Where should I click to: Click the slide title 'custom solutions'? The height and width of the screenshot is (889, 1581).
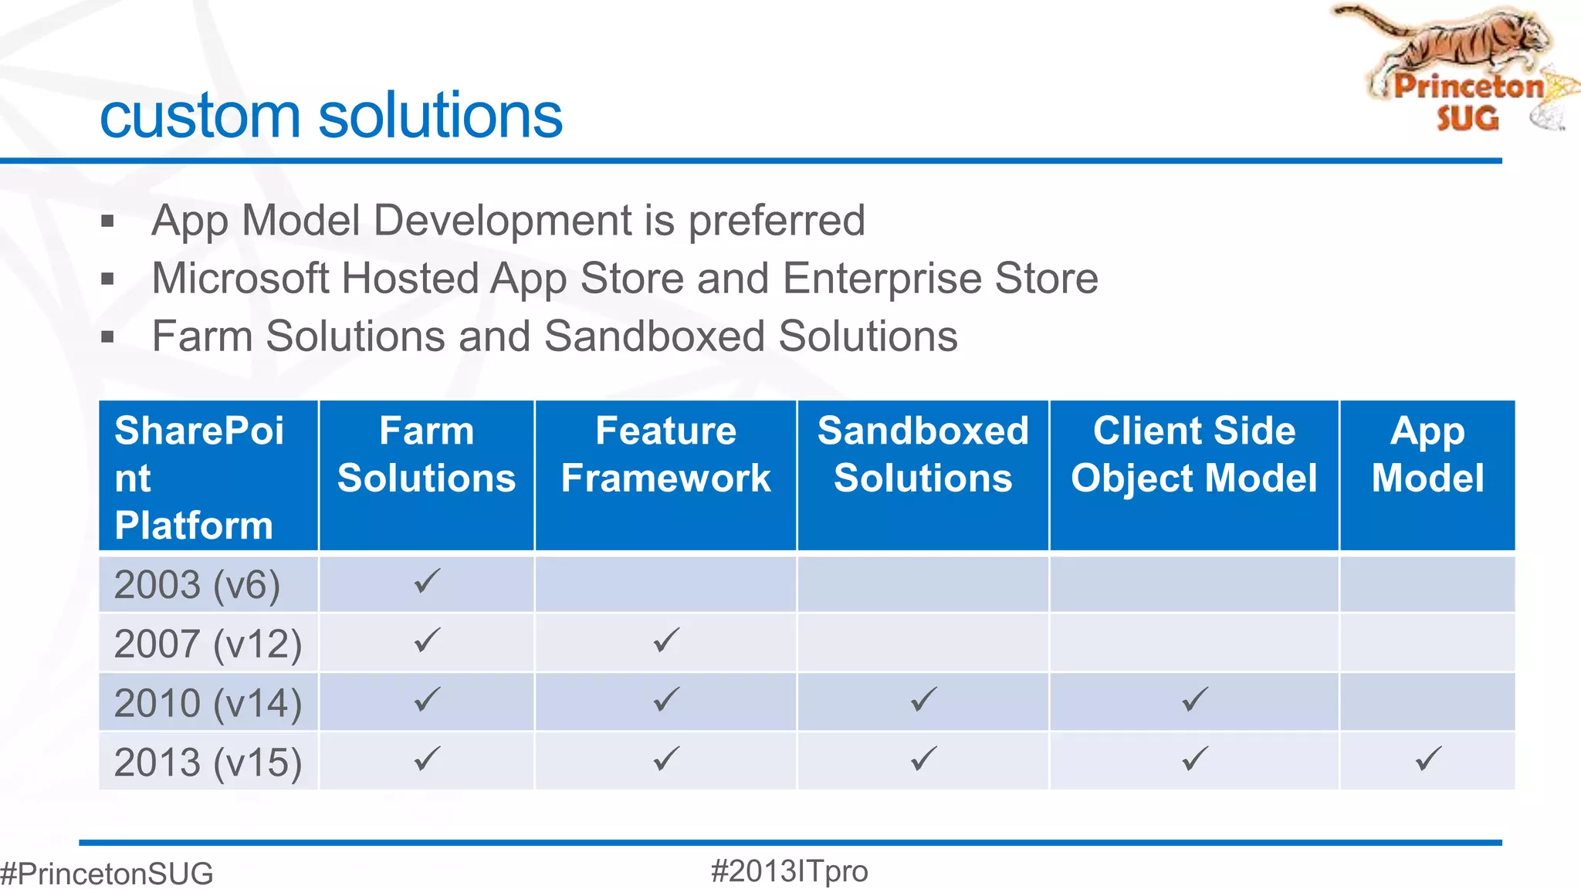click(x=331, y=116)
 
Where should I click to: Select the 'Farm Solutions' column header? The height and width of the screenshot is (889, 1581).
click(x=426, y=455)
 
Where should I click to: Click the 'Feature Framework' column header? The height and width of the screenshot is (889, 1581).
click(x=665, y=455)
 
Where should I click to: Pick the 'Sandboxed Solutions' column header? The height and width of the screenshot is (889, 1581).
click(x=923, y=455)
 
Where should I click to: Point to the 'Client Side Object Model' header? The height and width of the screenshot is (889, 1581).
click(x=1193, y=455)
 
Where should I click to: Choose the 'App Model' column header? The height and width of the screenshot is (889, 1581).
click(x=1427, y=455)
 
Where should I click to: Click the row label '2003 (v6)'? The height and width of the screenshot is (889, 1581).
click(x=197, y=585)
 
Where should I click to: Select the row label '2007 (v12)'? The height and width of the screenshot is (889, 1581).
click(x=208, y=644)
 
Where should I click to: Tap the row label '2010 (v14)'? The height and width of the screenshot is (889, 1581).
click(x=208, y=703)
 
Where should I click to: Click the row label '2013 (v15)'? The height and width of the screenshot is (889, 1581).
click(x=208, y=762)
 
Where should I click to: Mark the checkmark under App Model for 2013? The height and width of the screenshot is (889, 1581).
click(x=1428, y=759)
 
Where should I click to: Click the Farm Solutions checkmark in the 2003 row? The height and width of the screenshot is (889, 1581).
click(x=427, y=580)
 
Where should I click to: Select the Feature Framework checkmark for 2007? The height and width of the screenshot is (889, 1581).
click(x=666, y=640)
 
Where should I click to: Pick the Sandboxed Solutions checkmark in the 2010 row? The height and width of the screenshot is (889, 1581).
click(x=923, y=699)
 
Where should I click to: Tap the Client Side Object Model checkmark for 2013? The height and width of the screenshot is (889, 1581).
click(x=1194, y=759)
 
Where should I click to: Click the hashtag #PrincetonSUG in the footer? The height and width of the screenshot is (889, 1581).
click(x=107, y=874)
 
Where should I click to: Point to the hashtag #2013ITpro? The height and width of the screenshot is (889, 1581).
click(x=789, y=871)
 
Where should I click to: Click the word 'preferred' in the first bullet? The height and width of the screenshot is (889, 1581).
click(x=776, y=221)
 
